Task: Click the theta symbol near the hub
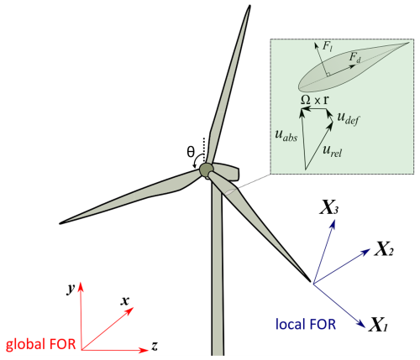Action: (191, 153)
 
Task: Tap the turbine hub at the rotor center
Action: (207, 170)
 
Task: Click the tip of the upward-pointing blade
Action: (249, 6)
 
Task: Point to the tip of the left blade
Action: (60, 223)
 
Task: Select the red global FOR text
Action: (41, 344)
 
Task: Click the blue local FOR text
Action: (306, 324)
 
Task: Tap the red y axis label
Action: (71, 288)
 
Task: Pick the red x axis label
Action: (124, 301)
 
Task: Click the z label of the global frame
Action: (155, 346)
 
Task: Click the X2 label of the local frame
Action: (385, 249)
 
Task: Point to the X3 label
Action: (329, 207)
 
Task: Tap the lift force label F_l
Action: (328, 46)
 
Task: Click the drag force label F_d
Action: (355, 57)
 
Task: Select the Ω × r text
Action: (314, 100)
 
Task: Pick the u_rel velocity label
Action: (332, 151)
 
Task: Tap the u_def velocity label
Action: (348, 118)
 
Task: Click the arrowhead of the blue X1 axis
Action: (362, 325)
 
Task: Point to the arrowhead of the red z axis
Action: (144, 350)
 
